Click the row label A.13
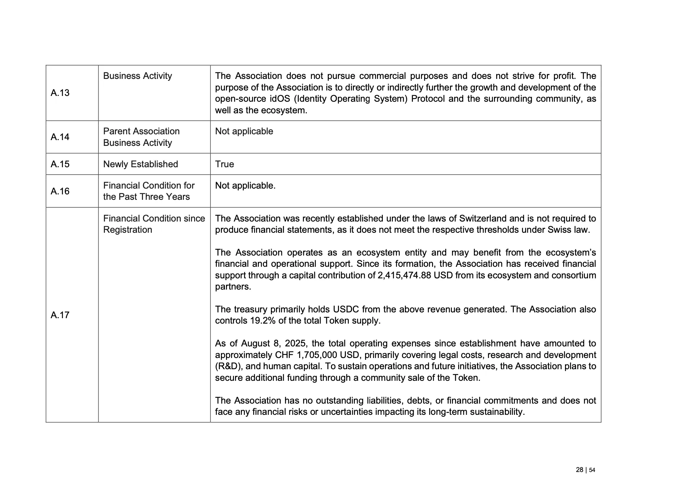[60, 93]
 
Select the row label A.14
[60, 137]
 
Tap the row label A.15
[60, 164]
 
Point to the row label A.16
[60, 191]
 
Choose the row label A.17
[60, 315]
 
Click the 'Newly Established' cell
[141, 164]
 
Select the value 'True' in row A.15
[225, 164]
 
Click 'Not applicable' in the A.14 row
[244, 131]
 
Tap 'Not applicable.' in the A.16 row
[245, 186]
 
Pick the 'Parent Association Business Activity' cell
[141, 137]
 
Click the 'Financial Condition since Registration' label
[154, 224]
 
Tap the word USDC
[346, 309]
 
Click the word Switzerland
[483, 219]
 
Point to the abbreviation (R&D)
[228, 366]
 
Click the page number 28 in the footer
[579, 470]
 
